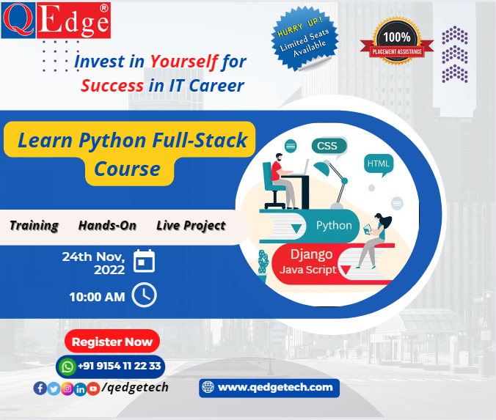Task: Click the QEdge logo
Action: (x=56, y=21)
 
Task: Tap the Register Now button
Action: (x=112, y=342)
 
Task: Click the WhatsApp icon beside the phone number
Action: (x=67, y=366)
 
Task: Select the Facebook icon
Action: (x=40, y=388)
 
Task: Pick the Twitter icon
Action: (x=54, y=388)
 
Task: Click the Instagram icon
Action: (x=67, y=388)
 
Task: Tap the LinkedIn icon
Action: (x=81, y=389)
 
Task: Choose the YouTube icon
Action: (x=93, y=388)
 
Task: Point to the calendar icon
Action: (x=145, y=261)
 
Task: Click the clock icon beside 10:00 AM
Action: (x=145, y=295)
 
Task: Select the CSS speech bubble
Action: (x=329, y=147)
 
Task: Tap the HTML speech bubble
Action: (x=379, y=164)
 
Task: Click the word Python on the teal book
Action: (x=334, y=225)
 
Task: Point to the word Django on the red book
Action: (x=312, y=254)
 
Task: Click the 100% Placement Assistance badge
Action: (x=397, y=41)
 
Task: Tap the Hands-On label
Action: (x=107, y=226)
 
